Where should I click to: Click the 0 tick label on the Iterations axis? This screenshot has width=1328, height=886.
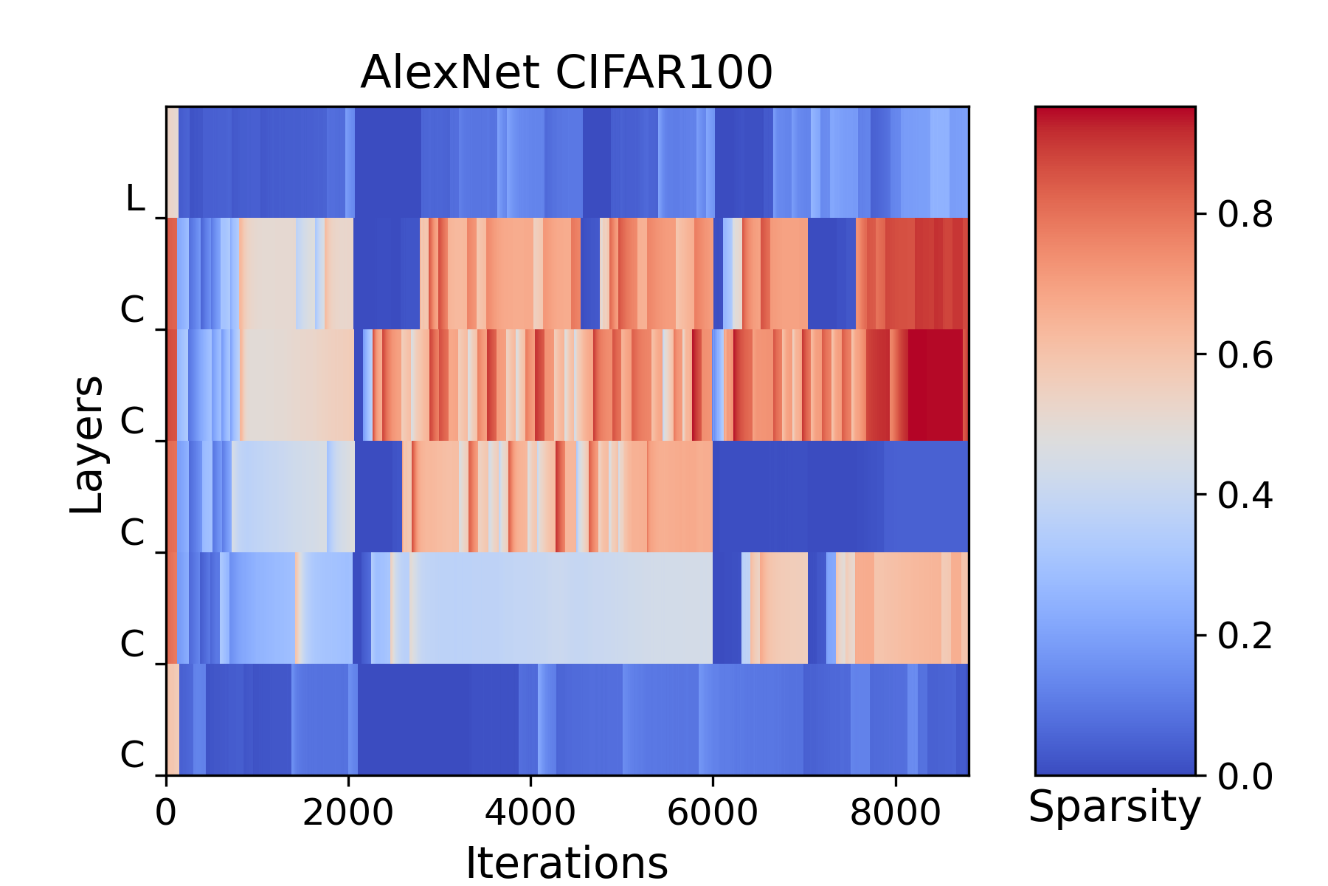point(166,812)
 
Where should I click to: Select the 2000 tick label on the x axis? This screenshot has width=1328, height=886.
point(348,812)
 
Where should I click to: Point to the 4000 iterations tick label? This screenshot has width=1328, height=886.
point(530,812)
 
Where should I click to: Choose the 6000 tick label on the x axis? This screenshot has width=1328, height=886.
point(713,812)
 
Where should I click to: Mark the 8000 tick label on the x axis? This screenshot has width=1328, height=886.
point(895,812)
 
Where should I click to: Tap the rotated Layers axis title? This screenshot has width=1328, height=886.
point(87,444)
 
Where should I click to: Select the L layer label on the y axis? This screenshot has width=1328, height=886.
point(135,198)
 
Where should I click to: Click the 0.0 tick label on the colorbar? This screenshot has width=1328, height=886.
point(1245,776)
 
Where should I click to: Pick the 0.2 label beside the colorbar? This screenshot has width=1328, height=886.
point(1245,635)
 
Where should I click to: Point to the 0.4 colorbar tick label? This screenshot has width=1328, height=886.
point(1245,495)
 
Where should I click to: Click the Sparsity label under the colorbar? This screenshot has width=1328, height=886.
point(1115,808)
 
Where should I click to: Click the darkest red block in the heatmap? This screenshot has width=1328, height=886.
point(936,385)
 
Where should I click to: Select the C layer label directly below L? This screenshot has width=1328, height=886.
point(133,310)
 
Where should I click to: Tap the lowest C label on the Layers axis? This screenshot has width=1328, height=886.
point(133,755)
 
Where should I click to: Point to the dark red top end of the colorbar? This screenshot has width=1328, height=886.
point(1115,112)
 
